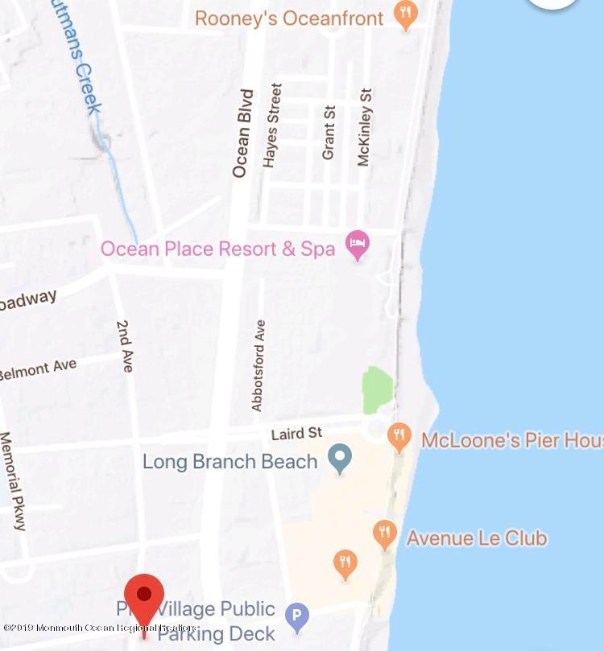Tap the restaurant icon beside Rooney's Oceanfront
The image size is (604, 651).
[x=406, y=14]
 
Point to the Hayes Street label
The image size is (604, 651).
[x=271, y=125]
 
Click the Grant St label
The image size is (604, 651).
[x=329, y=132]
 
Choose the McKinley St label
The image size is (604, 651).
[x=364, y=127]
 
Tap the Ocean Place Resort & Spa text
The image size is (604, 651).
[x=217, y=248]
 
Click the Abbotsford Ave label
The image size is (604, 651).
[x=259, y=365]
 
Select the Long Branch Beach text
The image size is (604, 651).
[x=230, y=462]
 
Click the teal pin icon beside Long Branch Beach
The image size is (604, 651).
[x=341, y=459]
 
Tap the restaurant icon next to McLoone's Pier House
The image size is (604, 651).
[x=399, y=437]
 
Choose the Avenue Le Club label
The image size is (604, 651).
[x=477, y=537]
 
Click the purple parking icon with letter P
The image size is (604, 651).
[x=298, y=617]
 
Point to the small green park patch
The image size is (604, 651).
[x=377, y=390]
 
